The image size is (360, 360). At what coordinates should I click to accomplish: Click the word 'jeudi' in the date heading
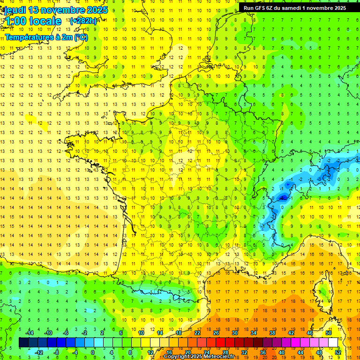coord(14,10)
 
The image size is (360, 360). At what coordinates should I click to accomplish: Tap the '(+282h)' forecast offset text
coord(83,21)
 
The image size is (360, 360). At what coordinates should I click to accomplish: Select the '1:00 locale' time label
coord(33,21)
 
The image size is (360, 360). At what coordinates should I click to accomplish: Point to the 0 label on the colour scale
coord(93,352)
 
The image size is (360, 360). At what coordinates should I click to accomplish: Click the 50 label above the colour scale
coord(328,333)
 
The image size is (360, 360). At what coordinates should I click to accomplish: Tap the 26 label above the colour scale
coord(216,333)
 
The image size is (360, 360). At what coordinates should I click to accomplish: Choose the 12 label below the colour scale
coord(150,352)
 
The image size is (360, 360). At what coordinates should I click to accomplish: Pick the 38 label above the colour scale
coord(272,333)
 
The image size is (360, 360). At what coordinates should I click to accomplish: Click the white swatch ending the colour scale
coord(333,343)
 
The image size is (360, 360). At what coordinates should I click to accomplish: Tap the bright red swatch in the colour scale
coord(220,343)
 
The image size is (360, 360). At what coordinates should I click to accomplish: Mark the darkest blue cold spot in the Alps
coord(283,198)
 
